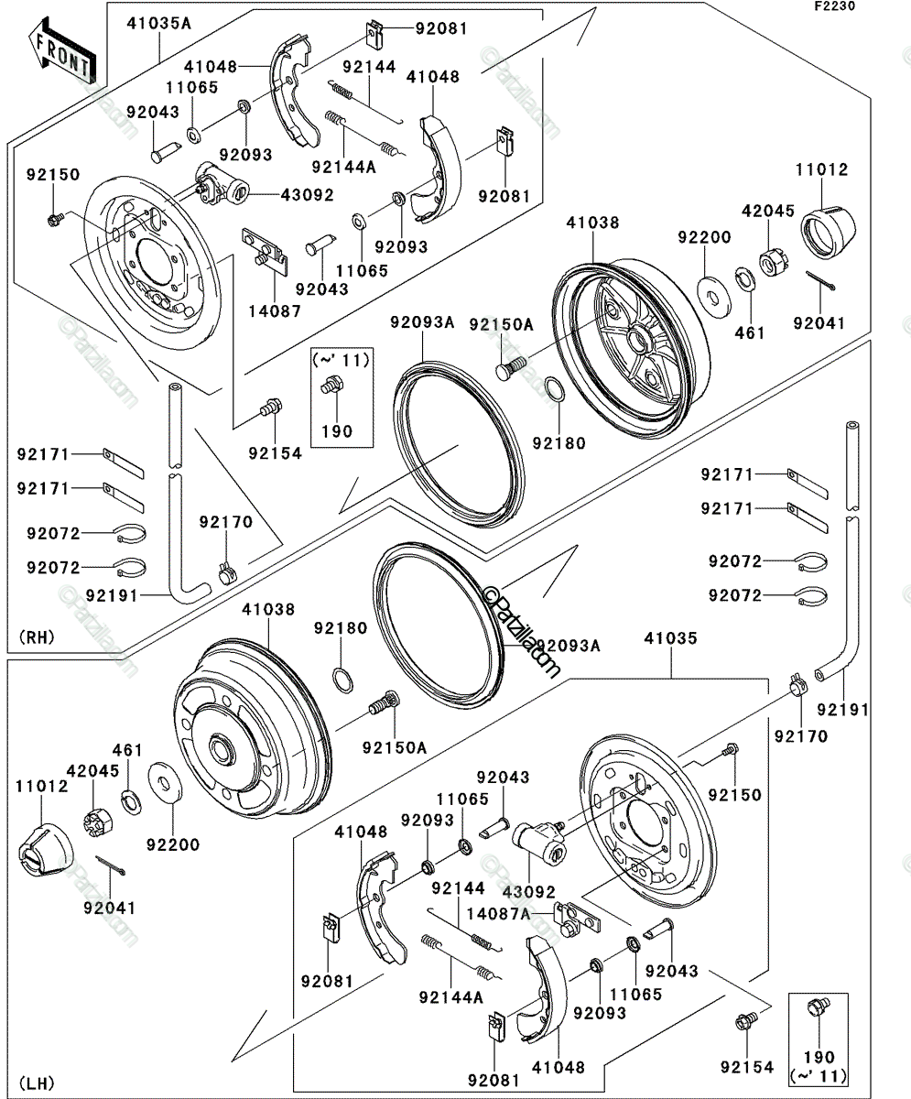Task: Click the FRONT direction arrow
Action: click(62, 50)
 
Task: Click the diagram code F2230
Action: click(835, 6)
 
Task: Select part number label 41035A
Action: click(158, 24)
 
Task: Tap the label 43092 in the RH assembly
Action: click(308, 195)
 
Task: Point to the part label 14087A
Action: click(498, 914)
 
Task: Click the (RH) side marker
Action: click(37, 637)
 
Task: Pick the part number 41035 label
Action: click(671, 638)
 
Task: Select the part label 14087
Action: click(275, 311)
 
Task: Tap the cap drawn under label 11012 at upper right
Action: click(829, 232)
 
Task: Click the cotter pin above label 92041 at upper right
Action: click(820, 280)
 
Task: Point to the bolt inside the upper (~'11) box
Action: click(332, 385)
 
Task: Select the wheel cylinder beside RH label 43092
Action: click(222, 184)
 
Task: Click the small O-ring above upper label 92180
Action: click(555, 393)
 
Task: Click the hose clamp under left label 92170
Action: click(227, 573)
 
